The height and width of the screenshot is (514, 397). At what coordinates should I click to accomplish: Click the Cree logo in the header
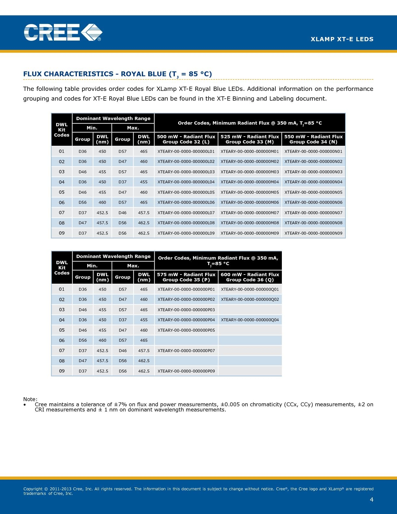pos(63,32)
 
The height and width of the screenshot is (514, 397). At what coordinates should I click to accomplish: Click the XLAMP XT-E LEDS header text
pos(342,39)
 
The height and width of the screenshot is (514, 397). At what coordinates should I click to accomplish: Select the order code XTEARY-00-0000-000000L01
pos(186,152)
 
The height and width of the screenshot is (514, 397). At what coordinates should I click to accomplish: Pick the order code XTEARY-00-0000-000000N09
pos(313,233)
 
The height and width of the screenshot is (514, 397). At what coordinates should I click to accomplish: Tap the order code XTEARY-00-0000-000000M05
pos(250,192)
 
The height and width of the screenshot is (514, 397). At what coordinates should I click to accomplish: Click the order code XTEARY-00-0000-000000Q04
pos(250,320)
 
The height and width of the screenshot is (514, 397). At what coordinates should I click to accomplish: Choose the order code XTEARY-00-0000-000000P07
pos(186,351)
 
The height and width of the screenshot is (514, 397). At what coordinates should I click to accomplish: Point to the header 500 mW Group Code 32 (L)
pos(186,139)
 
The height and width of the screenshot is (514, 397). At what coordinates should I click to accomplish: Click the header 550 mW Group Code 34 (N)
pos(313,139)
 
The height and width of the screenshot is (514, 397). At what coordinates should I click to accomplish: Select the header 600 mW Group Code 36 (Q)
pos(250,277)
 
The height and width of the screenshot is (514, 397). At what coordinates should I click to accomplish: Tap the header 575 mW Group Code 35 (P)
pos(186,277)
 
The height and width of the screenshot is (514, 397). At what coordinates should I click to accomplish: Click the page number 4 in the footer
pos(371,500)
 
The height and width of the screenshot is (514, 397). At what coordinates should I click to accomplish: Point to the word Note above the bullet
pos(30,399)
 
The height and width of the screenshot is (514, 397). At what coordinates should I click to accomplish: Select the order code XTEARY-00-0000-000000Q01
pos(250,289)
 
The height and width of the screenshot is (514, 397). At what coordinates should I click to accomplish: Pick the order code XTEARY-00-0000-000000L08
pos(186,223)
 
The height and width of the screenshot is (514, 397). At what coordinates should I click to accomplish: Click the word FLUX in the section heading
pos(32,74)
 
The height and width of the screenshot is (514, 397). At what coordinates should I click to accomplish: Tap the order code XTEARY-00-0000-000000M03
pos(250,172)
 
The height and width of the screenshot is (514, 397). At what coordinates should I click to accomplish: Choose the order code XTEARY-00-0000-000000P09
pos(186,371)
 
